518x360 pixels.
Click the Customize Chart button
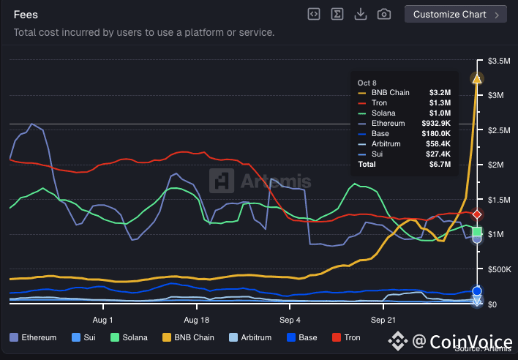pos(455,14)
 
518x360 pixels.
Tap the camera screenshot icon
pos(383,14)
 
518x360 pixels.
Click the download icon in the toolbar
pos(360,14)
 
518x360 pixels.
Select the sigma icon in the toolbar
pos(337,14)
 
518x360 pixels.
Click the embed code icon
pos(313,14)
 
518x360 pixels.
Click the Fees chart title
pos(26,15)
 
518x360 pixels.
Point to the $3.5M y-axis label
pos(498,61)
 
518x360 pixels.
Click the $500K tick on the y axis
pos(498,269)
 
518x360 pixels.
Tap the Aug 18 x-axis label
pos(195,320)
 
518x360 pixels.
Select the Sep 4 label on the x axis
pos(290,320)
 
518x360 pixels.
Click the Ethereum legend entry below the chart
pos(34,337)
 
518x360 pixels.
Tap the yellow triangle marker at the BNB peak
pos(477,78)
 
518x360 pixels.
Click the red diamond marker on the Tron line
pos(477,214)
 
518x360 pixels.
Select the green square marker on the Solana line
pos(477,232)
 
